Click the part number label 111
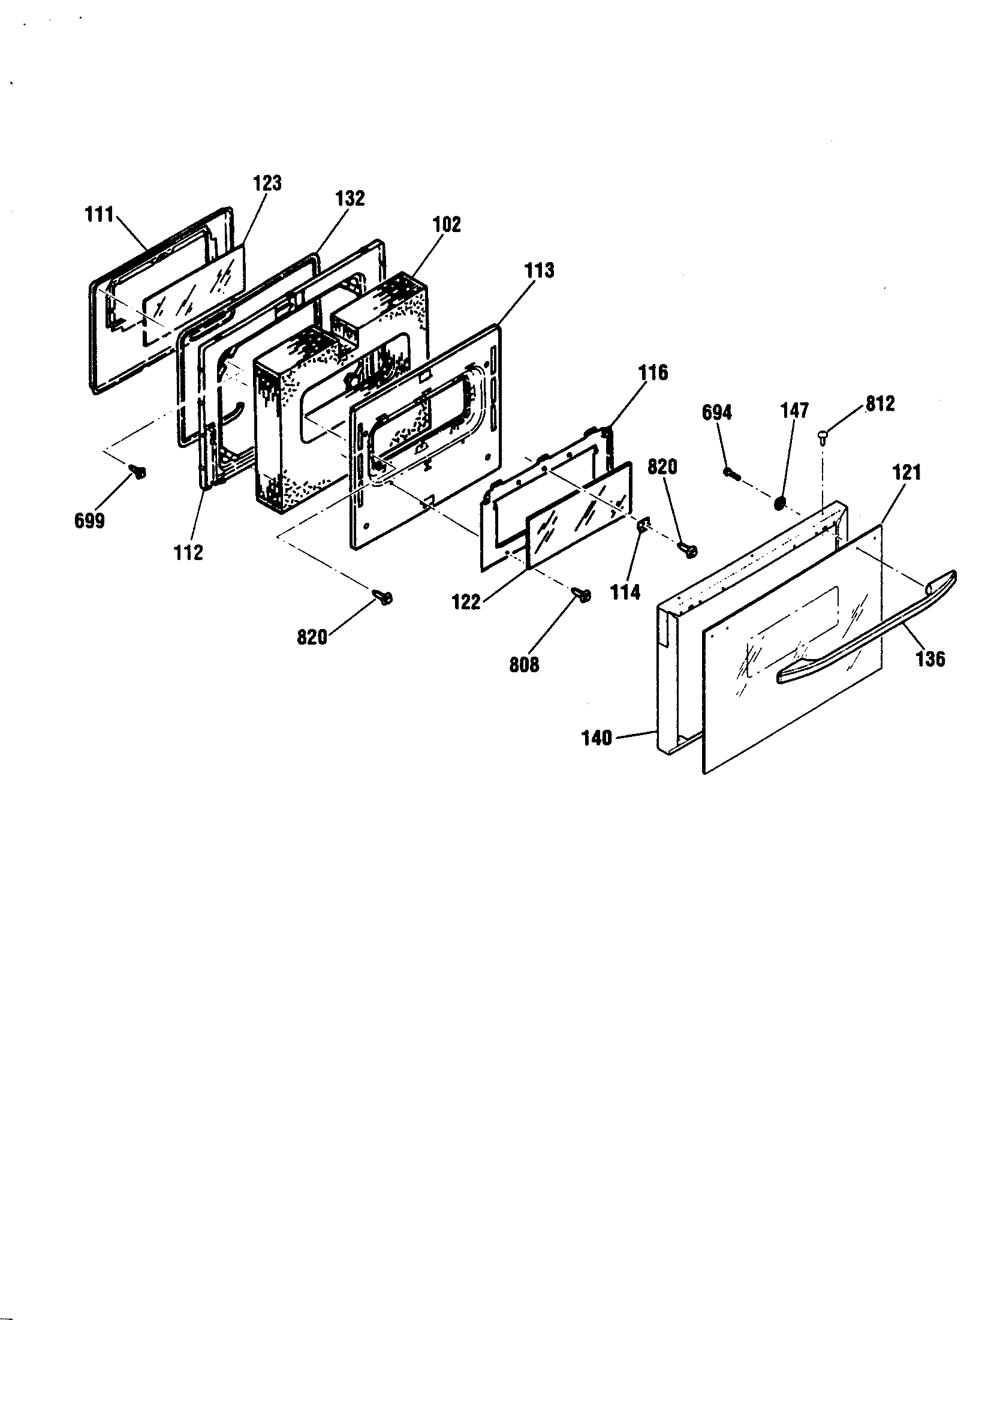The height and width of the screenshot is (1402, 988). pos(99,215)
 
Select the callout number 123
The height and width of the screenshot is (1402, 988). pos(267,182)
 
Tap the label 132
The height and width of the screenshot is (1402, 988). pos(350,198)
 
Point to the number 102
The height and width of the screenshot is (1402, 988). pos(447,224)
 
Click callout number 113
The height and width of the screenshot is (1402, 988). pos(539,270)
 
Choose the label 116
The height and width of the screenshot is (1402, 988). pos(653,372)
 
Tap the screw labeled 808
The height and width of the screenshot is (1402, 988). pos(582,594)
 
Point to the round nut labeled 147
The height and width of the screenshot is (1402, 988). pos(779,503)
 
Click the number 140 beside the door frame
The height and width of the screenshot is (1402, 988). pos(597,738)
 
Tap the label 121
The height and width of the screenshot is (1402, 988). pos(907,471)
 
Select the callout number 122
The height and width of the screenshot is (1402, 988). pos(466,603)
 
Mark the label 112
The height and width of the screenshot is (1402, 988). pos(188,553)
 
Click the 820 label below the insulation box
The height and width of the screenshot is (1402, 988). pos(312,637)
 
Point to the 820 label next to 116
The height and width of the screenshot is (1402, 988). pos(662,467)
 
